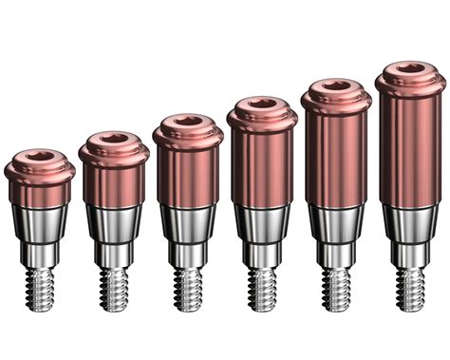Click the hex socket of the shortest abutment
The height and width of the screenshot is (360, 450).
tap(40, 157)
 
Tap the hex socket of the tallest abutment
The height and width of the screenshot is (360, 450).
tap(411, 68)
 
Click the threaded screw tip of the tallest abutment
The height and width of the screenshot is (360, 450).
tap(411, 286)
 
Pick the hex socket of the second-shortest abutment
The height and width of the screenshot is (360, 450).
tap(114, 140)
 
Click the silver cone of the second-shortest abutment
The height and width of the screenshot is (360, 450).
tap(114, 224)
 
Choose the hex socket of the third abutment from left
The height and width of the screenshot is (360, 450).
tap(188, 122)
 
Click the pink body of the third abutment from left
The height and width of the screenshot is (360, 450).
tap(188, 176)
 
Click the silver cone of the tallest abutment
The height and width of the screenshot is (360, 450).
tap(411, 222)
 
